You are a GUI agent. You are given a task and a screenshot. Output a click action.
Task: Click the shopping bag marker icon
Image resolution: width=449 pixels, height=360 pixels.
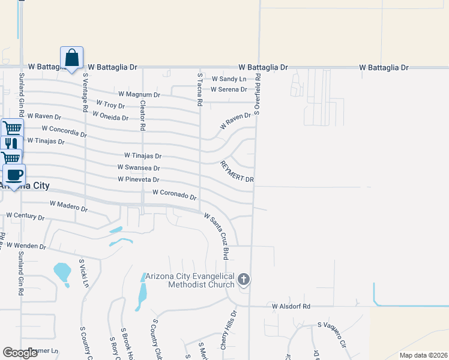(71, 58)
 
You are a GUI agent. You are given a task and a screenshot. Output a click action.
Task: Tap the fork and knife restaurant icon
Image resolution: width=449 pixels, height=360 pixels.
(11, 144)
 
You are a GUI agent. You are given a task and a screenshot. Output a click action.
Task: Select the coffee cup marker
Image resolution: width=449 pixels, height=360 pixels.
(14, 175)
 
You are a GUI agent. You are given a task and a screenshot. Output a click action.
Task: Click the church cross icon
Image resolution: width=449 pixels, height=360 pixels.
(243, 279)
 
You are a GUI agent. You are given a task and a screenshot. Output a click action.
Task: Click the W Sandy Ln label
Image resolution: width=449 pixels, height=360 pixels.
(229, 79)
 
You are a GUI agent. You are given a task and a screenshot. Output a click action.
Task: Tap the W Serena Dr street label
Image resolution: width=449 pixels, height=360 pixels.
(229, 89)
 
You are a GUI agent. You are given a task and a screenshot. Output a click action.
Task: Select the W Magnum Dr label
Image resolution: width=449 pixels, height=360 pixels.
(139, 94)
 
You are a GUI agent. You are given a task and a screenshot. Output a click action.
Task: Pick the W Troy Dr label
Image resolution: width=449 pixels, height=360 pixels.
(110, 105)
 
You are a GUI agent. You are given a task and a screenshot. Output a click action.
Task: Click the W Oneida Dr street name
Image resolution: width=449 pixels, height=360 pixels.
(110, 117)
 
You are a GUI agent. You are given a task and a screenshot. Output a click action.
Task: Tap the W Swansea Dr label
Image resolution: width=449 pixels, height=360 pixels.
(139, 168)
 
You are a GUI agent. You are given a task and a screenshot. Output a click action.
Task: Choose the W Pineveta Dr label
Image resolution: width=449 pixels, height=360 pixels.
(138, 179)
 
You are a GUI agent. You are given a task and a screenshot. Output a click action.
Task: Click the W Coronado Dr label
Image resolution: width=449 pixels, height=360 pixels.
(175, 194)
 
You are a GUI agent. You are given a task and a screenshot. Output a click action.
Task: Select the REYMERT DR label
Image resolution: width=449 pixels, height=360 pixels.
(237, 172)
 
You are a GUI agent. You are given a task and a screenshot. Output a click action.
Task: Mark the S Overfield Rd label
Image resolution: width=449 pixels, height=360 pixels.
(258, 94)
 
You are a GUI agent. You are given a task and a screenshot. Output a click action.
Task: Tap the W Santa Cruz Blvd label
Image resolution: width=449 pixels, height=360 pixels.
(217, 235)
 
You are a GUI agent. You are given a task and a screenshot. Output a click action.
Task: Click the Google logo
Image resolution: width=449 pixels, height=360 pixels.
(20, 353)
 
